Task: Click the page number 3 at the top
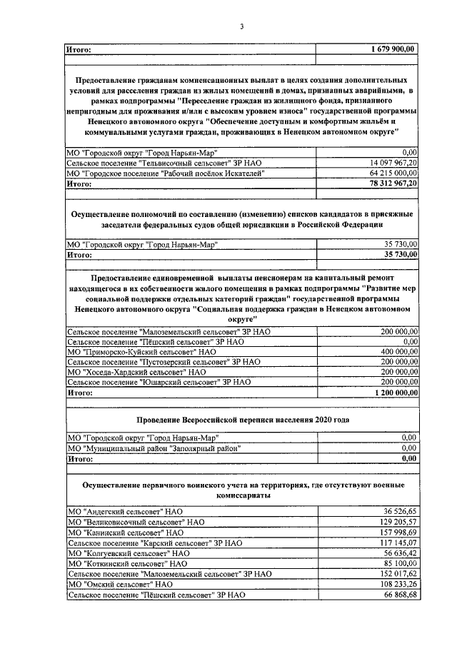click(241, 27)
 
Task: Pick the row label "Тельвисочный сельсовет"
click(164, 163)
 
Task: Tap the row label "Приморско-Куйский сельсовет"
click(140, 352)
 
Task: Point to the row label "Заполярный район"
click(153, 448)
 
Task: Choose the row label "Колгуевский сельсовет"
click(127, 552)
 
